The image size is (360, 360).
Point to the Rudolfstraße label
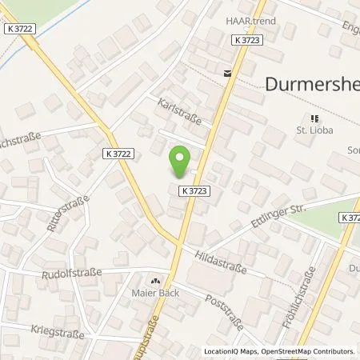(x=73, y=272)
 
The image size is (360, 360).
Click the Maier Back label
(x=157, y=292)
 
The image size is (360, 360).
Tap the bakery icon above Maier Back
(x=157, y=281)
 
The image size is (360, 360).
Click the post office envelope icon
(x=228, y=73)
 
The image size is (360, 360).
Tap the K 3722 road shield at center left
(x=118, y=151)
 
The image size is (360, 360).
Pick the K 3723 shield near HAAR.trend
(x=248, y=38)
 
